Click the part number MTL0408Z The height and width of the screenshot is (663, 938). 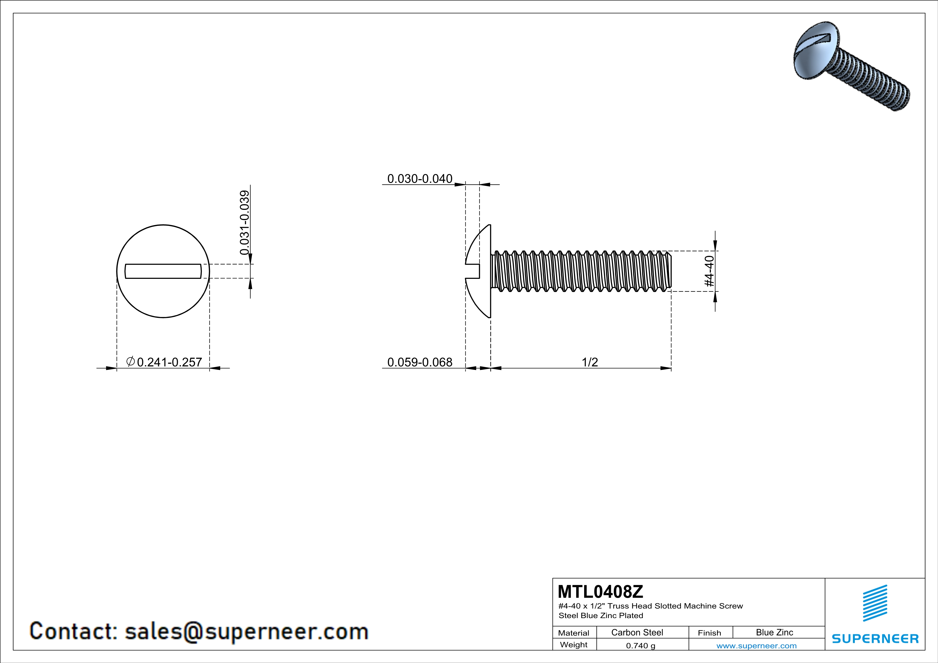point(600,591)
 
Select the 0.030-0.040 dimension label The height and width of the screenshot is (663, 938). point(420,179)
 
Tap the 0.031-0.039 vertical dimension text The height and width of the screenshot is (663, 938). point(244,222)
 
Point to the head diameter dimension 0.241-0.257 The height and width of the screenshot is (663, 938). point(169,362)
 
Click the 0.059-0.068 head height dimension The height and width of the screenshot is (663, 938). point(420,362)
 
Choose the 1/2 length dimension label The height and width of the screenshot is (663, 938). point(589,362)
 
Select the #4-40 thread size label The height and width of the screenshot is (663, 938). point(709,271)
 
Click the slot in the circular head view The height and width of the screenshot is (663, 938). point(163,271)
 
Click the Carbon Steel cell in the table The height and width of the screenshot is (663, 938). point(637,632)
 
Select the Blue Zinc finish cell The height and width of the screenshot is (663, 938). point(774,632)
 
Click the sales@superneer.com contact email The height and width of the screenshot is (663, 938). point(246,631)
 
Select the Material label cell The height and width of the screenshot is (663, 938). point(574,633)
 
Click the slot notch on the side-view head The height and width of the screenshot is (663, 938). point(473,271)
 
